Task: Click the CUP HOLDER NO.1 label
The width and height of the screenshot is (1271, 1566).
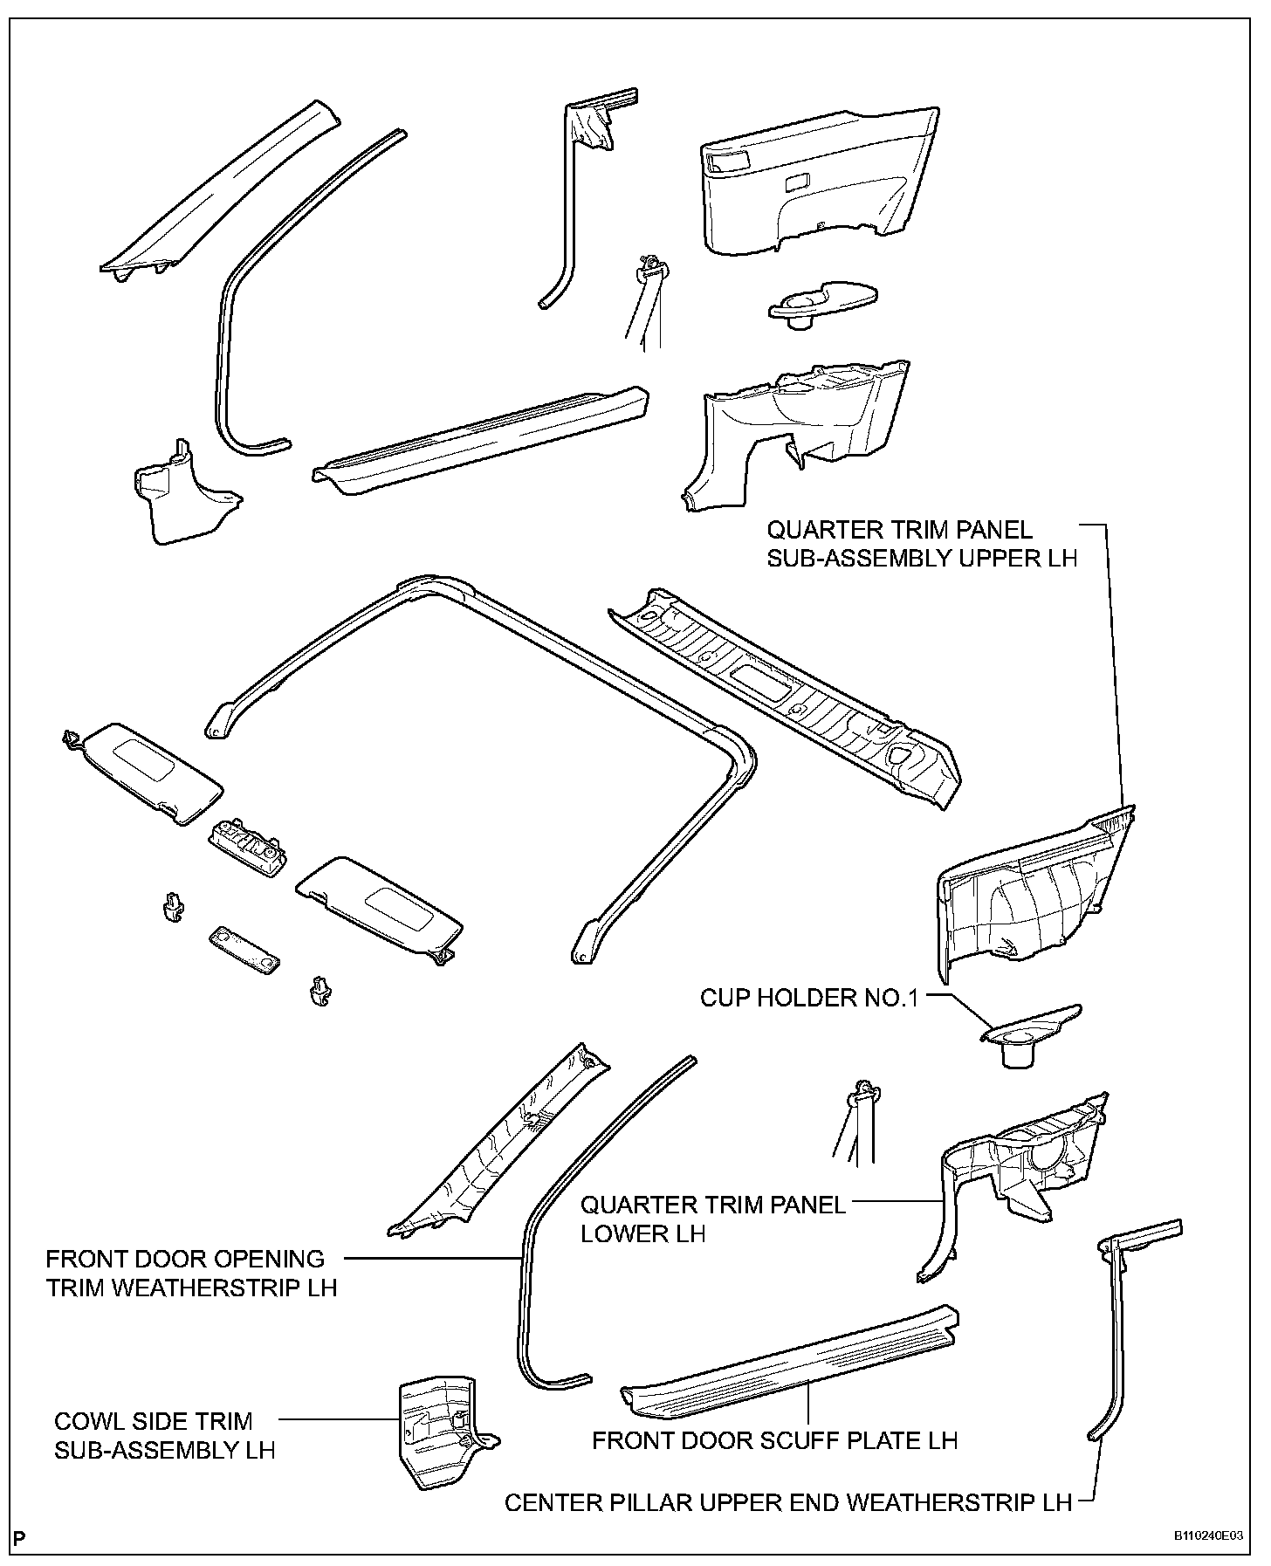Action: (809, 998)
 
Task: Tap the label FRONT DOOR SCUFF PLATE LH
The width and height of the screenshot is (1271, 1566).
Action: (774, 1439)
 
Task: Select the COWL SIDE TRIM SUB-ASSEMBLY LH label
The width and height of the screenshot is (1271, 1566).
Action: (164, 1436)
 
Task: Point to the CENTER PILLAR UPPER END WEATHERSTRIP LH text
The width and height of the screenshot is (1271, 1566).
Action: (788, 1502)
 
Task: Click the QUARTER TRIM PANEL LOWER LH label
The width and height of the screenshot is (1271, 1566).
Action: (712, 1219)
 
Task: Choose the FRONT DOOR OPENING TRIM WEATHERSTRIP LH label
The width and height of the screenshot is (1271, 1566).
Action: (191, 1273)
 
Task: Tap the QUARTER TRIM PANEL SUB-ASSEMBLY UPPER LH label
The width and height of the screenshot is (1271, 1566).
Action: (922, 543)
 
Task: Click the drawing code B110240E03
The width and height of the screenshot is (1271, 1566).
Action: (1208, 1537)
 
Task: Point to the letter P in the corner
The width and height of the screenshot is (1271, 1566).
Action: (20, 1536)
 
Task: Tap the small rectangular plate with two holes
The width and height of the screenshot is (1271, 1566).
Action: (244, 950)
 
